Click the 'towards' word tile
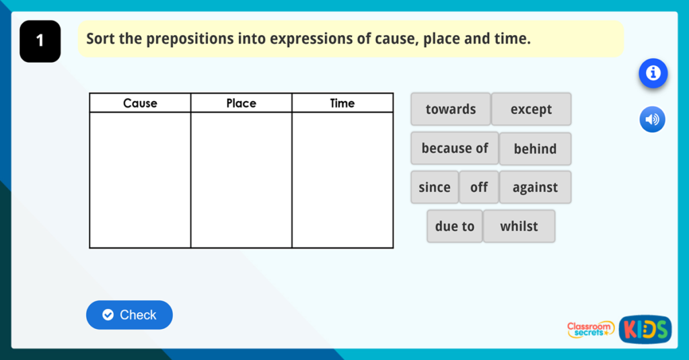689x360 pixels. click(450, 109)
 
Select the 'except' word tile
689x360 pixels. click(531, 109)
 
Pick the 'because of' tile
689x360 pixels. click(454, 148)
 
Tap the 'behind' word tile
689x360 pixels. click(535, 149)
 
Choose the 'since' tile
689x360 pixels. click(434, 187)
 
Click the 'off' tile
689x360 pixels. click(478, 187)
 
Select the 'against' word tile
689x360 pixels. click(535, 187)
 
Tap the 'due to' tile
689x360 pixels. click(454, 226)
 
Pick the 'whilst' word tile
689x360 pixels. click(519, 226)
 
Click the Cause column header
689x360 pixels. click(140, 103)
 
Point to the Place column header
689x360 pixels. click(241, 103)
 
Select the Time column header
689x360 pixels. click(342, 103)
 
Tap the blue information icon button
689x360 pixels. click(653, 73)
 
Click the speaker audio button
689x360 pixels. click(652, 120)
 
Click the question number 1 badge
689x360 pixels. click(40, 41)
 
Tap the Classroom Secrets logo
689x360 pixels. click(590, 329)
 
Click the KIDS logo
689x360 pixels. click(645, 329)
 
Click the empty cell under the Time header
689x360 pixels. click(342, 180)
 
